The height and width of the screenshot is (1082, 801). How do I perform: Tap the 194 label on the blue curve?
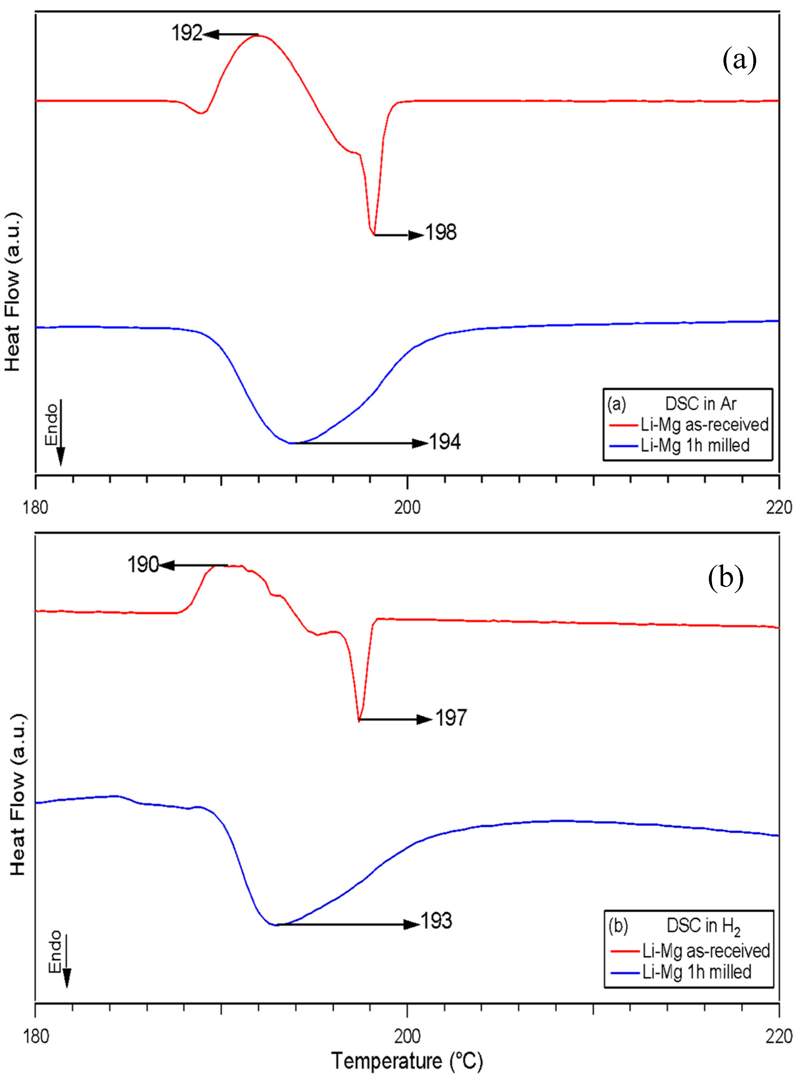coord(445,441)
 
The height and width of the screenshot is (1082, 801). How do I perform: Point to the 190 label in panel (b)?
coord(143,564)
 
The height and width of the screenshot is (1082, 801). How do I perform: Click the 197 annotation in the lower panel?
coord(451,718)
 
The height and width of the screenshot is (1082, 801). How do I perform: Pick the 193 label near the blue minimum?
coord(436,921)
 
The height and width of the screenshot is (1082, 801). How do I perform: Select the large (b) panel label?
coord(725,578)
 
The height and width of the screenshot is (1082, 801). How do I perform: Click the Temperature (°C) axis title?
coord(407,1061)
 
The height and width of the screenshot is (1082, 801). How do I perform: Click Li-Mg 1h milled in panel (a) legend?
coord(695,445)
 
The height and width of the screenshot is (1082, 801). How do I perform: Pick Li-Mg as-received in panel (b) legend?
coord(706,951)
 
